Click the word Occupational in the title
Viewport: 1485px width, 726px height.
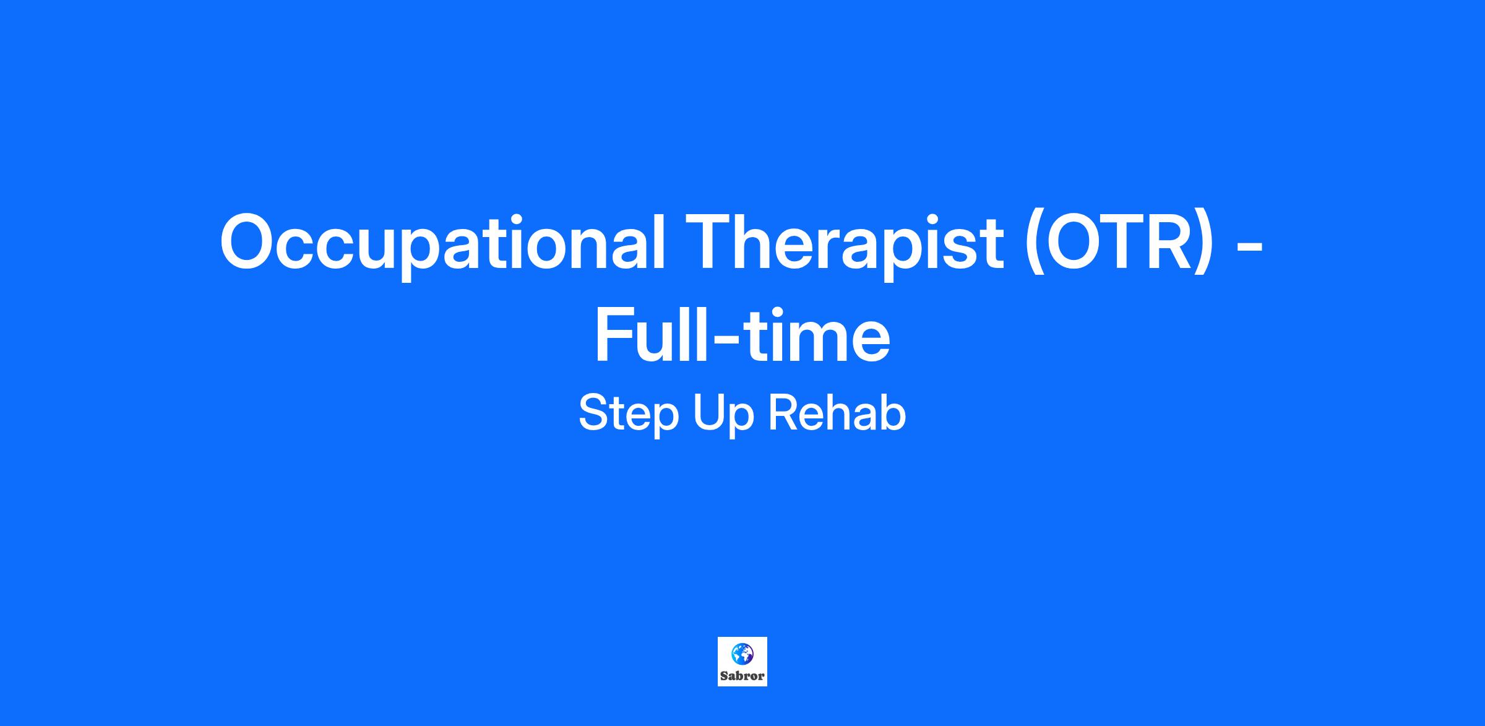coord(442,243)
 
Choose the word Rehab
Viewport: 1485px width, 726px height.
coord(837,413)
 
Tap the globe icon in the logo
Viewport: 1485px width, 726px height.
coord(742,652)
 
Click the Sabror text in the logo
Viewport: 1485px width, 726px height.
coord(742,676)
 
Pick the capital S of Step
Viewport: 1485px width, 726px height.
coord(595,413)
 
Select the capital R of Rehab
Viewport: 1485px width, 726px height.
coord(784,413)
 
